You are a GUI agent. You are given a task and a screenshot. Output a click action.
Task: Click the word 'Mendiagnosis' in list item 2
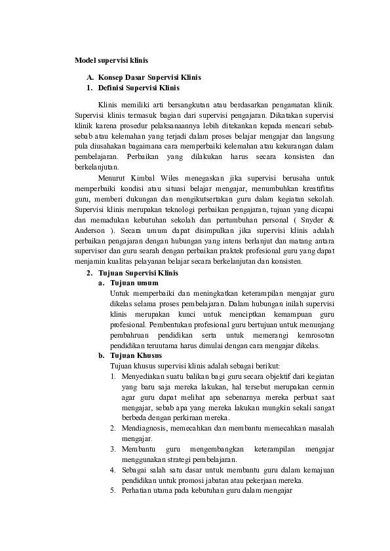pos(144,428)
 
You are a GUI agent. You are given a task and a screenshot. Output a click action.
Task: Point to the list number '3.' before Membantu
pos(113,449)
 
